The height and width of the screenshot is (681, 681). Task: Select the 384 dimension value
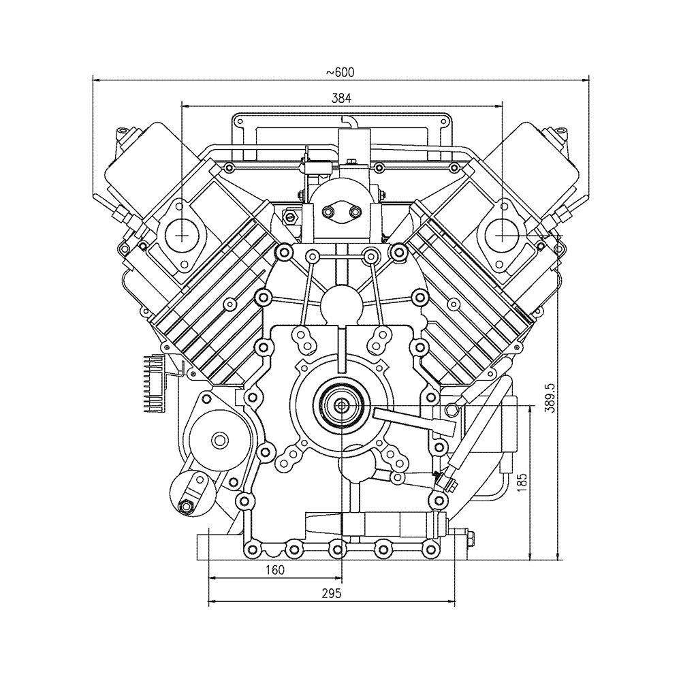click(x=341, y=98)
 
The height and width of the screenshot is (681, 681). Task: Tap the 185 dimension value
click(x=522, y=481)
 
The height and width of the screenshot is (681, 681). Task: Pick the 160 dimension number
click(x=274, y=570)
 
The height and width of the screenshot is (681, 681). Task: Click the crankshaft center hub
click(x=340, y=407)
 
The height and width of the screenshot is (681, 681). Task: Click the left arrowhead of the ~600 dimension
click(x=95, y=80)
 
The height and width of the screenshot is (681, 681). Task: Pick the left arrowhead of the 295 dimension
click(x=211, y=602)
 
